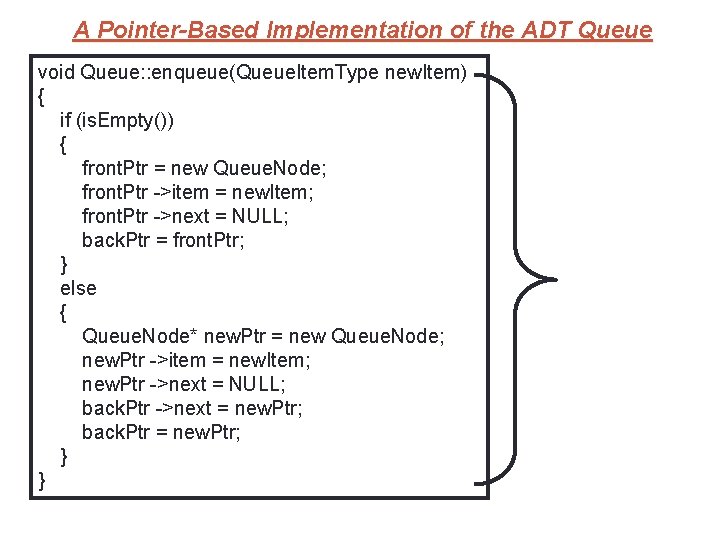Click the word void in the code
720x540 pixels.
(x=56, y=73)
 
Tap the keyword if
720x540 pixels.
(x=67, y=121)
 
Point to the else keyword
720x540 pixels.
(x=78, y=288)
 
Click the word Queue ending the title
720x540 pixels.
(x=615, y=30)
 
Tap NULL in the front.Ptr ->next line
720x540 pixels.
(x=259, y=217)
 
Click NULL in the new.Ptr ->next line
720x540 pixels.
(x=256, y=384)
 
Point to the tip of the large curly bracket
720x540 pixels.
(x=553, y=279)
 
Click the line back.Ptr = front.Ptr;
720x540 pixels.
(x=161, y=241)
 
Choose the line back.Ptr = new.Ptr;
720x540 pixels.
(x=161, y=432)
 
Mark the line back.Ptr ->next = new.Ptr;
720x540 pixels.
(x=192, y=408)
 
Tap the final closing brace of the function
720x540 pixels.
(x=41, y=480)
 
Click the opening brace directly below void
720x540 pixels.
(x=41, y=97)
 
